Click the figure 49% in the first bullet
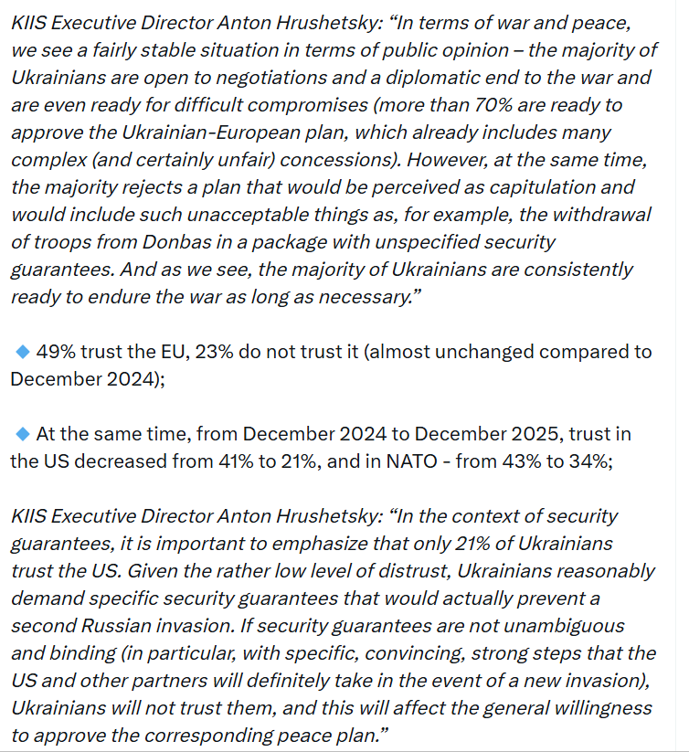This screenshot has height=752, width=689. (x=56, y=352)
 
